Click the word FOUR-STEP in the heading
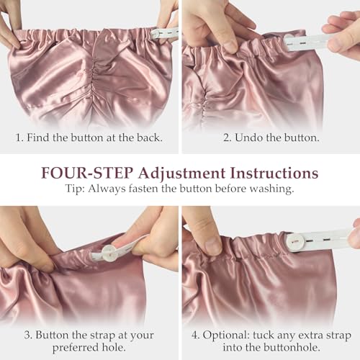pyautogui.click(x=87, y=173)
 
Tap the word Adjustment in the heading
pyautogui.click(x=181, y=174)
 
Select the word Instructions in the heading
pyautogui.click(x=274, y=173)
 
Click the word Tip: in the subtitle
pyautogui.click(x=75, y=189)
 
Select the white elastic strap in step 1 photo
pyautogui.click(x=165, y=33)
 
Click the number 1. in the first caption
pyautogui.click(x=19, y=138)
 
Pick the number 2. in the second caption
pyautogui.click(x=228, y=138)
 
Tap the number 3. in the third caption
pyautogui.click(x=28, y=335)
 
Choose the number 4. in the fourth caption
pyautogui.click(x=196, y=335)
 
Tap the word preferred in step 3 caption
pyautogui.click(x=72, y=348)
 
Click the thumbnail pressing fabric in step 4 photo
pyautogui.click(x=212, y=246)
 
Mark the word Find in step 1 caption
pyautogui.click(x=37, y=138)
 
